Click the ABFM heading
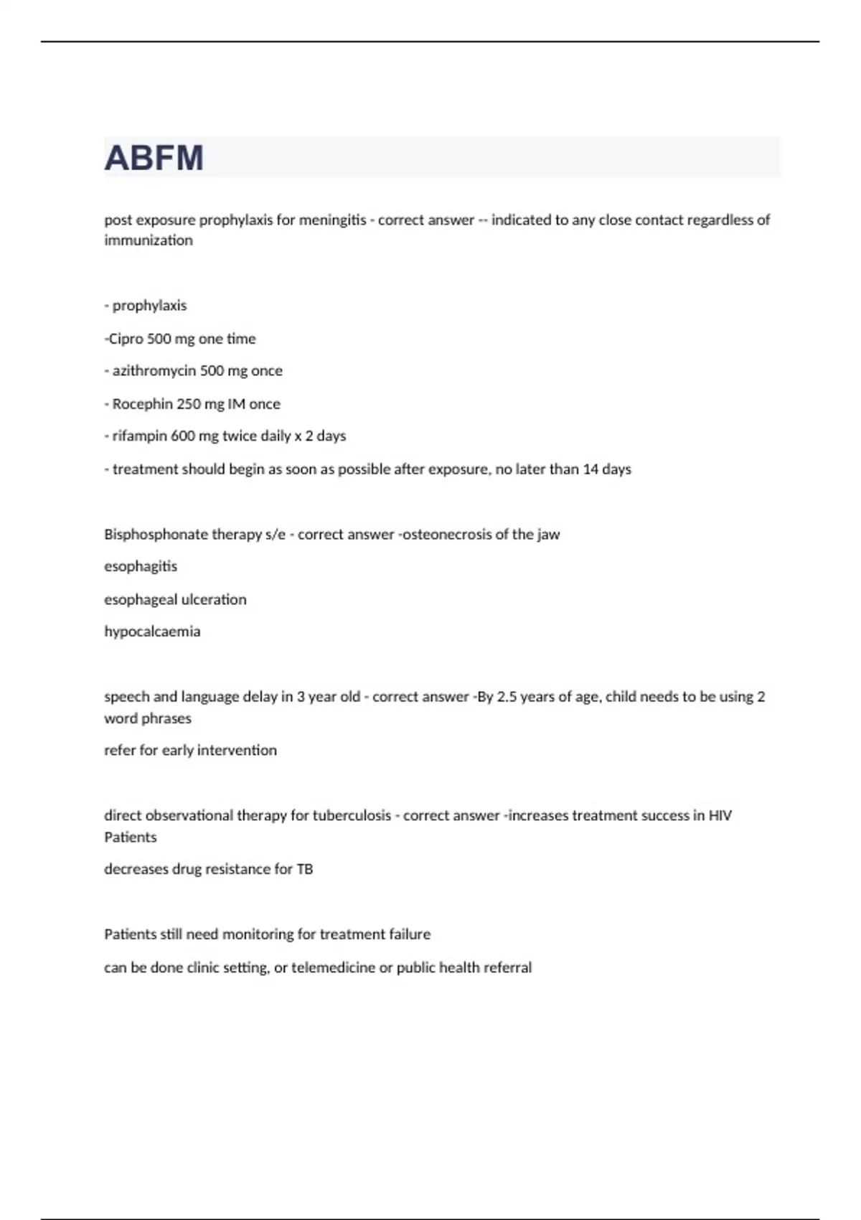(x=154, y=158)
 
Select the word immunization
(x=149, y=240)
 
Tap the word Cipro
(x=126, y=339)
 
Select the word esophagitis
(x=141, y=567)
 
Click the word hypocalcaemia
(x=152, y=632)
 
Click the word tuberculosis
(x=352, y=816)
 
